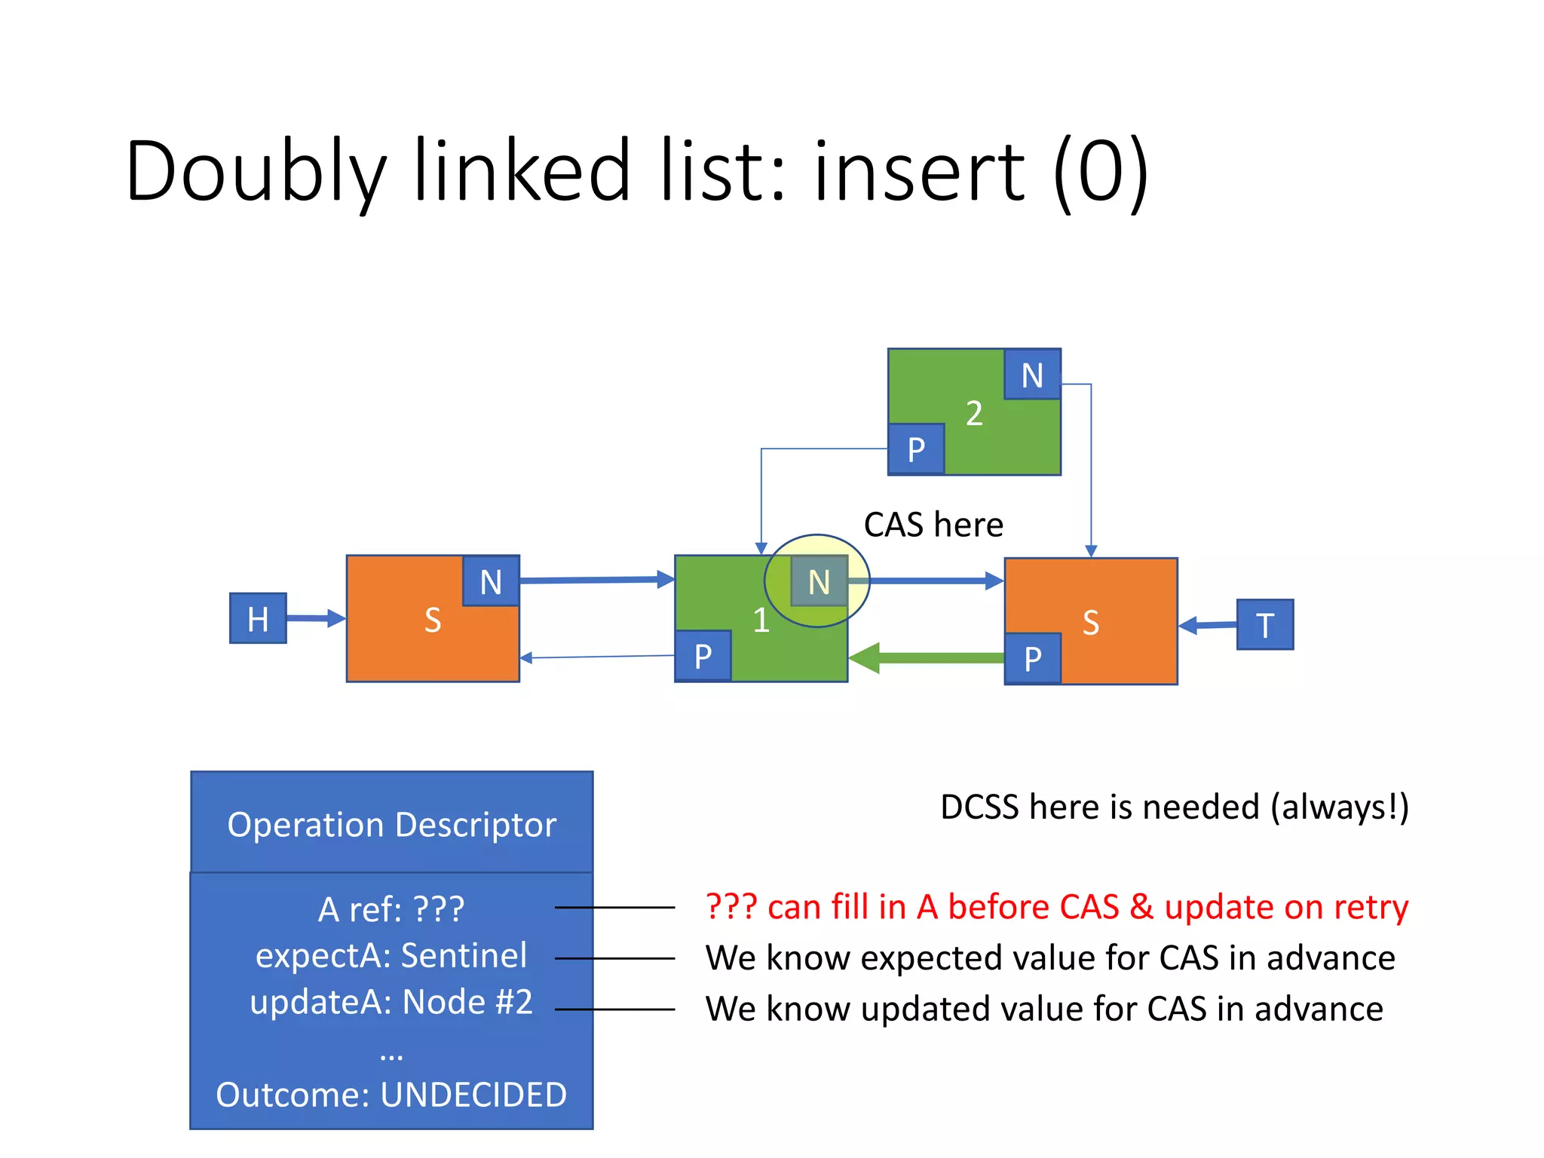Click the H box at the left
258,618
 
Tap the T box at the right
1264,624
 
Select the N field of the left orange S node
490,581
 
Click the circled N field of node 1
819,581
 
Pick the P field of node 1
703,656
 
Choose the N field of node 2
1032,375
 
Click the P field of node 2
916,449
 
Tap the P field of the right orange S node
1032,658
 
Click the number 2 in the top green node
974,413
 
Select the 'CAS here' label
933,525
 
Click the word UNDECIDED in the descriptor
473,1095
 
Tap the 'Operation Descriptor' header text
391,824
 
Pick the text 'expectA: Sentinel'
391,956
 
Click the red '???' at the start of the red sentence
731,907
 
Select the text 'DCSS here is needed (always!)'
1174,807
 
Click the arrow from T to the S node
1207,625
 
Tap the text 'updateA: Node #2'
391,1003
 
